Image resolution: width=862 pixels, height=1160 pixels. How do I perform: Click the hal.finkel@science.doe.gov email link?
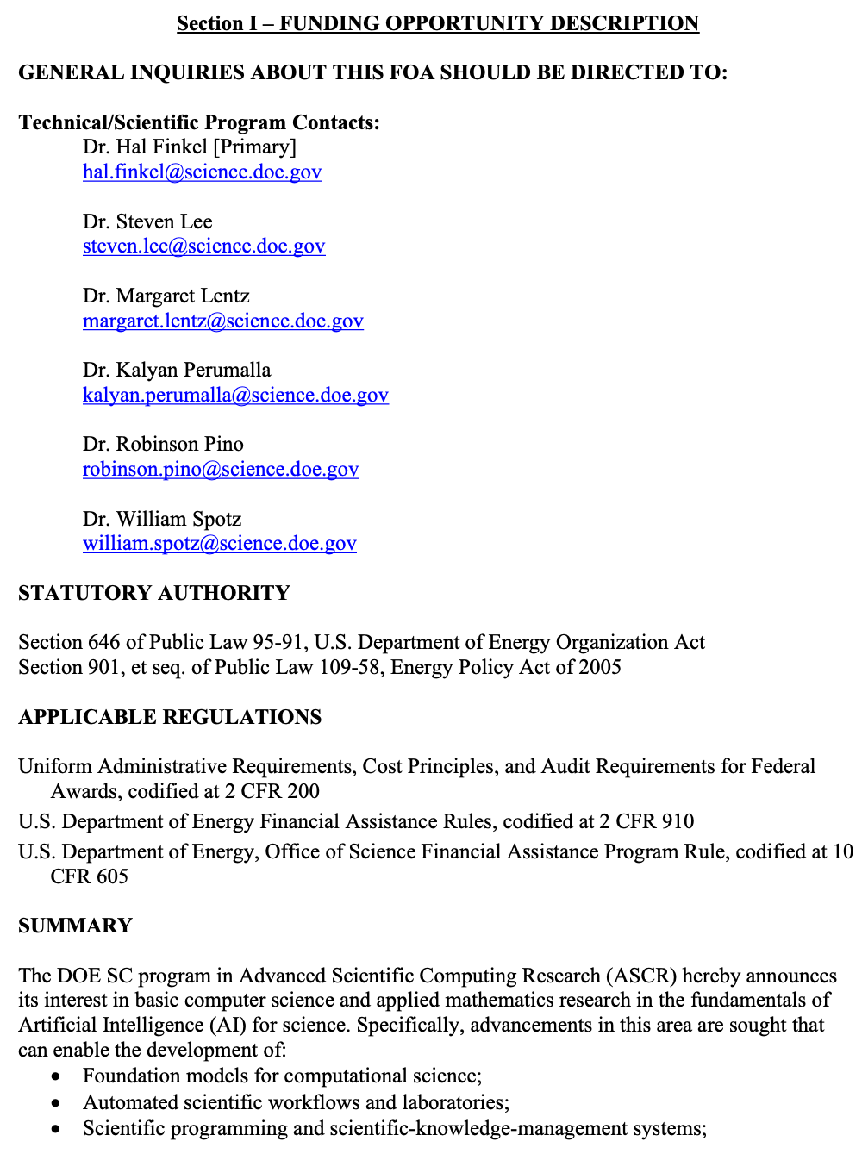coord(202,172)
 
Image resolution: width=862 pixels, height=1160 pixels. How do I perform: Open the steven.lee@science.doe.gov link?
coord(203,246)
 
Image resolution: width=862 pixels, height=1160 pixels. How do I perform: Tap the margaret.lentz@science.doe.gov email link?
coord(222,321)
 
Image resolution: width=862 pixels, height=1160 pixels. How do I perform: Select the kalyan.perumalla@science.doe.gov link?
coord(235,396)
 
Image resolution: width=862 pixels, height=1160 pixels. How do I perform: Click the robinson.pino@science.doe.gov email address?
coord(220,470)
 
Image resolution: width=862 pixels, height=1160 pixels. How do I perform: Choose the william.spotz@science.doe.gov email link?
coord(219,544)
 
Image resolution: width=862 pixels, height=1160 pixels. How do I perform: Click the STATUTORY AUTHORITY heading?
coord(154,593)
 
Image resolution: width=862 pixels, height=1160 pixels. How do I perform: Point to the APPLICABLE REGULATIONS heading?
coord(170,717)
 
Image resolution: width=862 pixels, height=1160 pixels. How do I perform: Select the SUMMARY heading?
coord(75,926)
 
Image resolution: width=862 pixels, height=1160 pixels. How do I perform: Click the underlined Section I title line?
coord(438,23)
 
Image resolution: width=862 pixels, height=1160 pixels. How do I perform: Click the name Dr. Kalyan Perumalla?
coord(177,371)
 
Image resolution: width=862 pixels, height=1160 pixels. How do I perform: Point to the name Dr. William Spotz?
coord(162,520)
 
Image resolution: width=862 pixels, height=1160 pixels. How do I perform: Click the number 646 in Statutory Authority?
coord(104,643)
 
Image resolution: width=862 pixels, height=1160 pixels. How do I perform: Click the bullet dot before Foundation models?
coord(56,1077)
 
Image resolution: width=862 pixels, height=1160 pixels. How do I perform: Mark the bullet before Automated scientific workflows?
coord(56,1103)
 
